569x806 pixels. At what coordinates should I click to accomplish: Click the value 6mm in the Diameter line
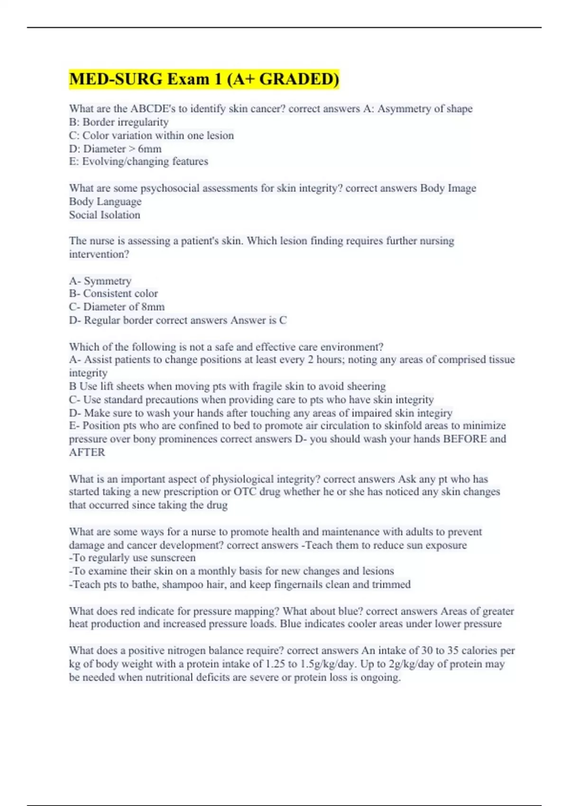click(149, 149)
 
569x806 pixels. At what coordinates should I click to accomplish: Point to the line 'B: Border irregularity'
click(119, 122)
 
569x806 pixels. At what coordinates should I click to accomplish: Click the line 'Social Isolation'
click(104, 215)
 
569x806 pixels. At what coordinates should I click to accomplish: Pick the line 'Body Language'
click(105, 201)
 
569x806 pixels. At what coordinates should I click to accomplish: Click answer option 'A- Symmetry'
click(100, 281)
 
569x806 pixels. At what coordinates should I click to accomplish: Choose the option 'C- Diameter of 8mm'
click(117, 307)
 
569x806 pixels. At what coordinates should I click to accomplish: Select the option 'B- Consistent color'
click(113, 293)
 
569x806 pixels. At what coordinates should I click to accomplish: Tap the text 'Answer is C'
click(258, 321)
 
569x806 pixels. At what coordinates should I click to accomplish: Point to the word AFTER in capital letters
click(87, 452)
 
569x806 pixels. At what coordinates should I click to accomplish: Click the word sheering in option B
click(366, 386)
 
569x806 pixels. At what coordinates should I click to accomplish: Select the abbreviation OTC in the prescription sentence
click(245, 492)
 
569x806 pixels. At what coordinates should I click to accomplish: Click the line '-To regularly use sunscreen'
click(132, 558)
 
